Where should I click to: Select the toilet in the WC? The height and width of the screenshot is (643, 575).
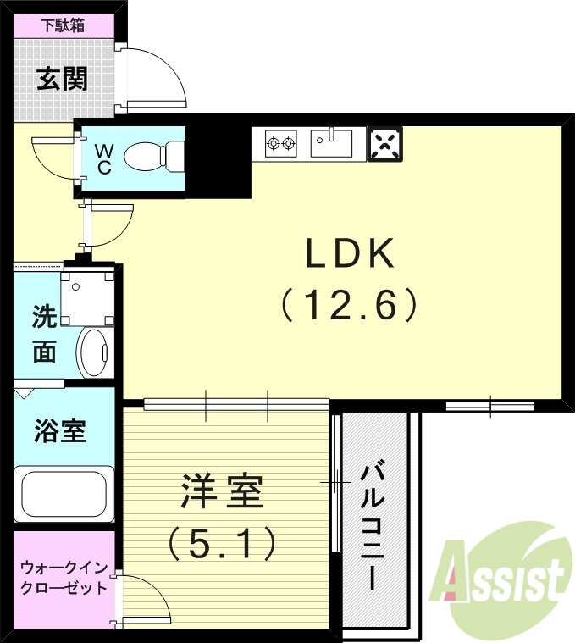152,157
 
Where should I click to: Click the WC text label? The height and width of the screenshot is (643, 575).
103,158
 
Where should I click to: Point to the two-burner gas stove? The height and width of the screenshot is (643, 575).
280,143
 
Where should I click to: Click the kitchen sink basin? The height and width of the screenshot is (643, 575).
331,143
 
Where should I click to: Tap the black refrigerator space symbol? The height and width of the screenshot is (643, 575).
384,144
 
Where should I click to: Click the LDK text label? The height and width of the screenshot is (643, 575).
350,252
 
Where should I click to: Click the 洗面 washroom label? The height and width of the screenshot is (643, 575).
44,334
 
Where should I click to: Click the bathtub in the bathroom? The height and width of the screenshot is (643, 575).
64,496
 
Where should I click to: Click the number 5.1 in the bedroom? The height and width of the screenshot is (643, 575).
223,542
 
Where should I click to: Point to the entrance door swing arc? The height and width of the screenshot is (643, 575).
161,72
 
